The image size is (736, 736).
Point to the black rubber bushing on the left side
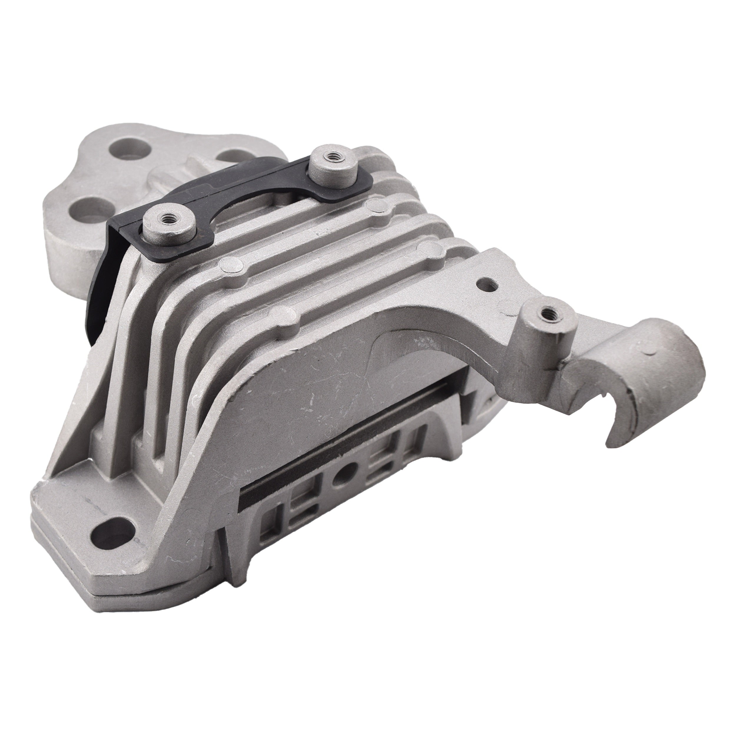point(102,289)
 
